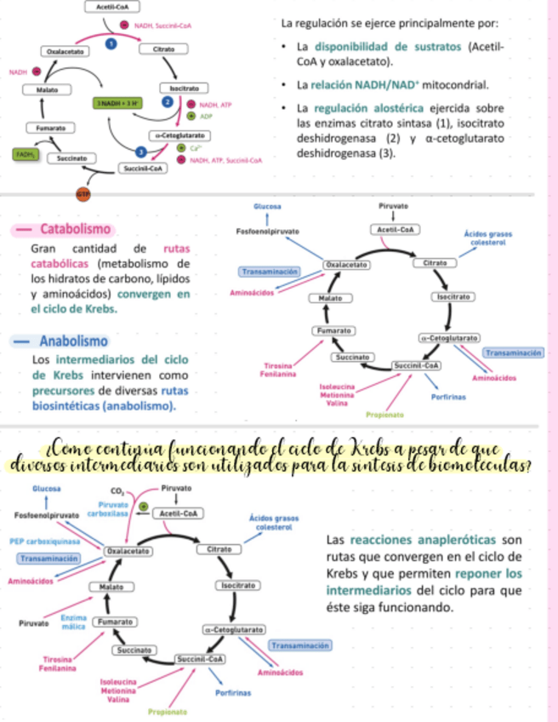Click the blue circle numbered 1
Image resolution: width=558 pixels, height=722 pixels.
tap(110, 44)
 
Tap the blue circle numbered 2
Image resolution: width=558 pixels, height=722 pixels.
tap(168, 101)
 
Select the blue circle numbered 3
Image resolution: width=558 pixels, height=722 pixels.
tap(140, 151)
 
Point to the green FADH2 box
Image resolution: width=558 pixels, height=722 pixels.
tap(25, 154)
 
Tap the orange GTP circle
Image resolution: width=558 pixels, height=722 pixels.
tap(83, 193)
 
